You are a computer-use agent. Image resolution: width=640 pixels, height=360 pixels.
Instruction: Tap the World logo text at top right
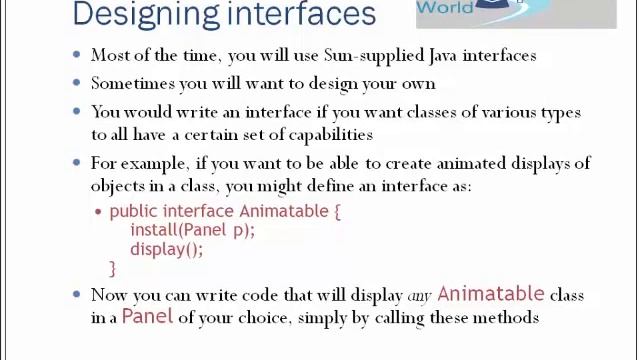click(x=445, y=8)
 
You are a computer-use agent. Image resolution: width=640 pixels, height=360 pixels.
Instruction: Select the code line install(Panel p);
click(x=192, y=230)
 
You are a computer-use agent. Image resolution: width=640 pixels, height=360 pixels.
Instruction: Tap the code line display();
click(x=166, y=249)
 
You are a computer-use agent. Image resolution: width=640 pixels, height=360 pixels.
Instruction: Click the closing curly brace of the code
click(x=113, y=268)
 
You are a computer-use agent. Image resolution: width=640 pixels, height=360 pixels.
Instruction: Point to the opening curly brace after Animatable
click(x=337, y=212)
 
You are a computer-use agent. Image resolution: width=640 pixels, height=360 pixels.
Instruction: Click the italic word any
click(x=419, y=296)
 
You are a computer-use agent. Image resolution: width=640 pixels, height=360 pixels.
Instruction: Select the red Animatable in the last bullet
click(x=490, y=294)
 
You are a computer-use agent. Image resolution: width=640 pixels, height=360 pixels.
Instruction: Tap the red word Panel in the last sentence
click(x=147, y=317)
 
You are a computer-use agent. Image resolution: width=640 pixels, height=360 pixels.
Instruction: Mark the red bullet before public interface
click(x=98, y=212)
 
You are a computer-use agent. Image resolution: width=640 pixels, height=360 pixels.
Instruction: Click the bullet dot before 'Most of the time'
click(x=77, y=56)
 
